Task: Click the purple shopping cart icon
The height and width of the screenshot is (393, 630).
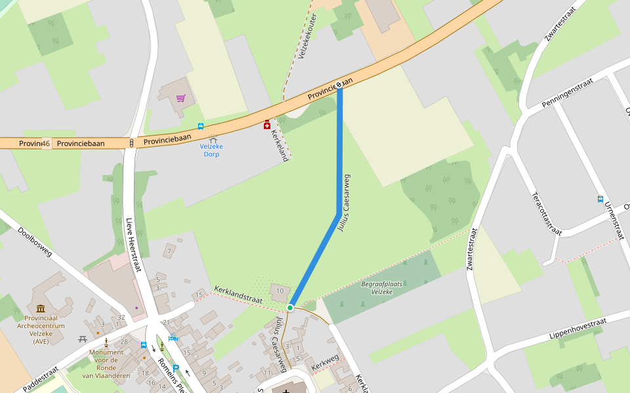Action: coord(180,98)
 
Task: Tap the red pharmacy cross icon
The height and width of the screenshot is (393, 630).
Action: coord(266,124)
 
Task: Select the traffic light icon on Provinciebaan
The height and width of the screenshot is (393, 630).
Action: coord(131,143)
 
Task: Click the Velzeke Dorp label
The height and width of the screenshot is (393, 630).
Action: coord(211,150)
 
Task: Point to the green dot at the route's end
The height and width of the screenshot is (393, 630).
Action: coord(290,307)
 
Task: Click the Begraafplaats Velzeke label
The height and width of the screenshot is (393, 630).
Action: coord(381,288)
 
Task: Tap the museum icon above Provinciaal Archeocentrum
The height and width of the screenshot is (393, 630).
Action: coord(41,309)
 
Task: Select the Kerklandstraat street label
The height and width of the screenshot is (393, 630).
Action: coord(238,295)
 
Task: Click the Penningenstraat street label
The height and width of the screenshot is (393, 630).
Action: coord(567,92)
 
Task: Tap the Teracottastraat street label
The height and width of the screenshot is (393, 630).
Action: coord(547,214)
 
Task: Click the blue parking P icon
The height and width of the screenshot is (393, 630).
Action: coord(176,368)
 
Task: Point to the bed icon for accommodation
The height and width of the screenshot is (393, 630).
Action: coord(173,339)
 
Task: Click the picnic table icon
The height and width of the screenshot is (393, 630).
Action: coord(83,339)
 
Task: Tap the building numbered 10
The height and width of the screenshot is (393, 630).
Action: coord(280,291)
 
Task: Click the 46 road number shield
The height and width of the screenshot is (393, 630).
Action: coord(46,143)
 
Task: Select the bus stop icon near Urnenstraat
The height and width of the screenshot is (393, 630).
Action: coord(600,199)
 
